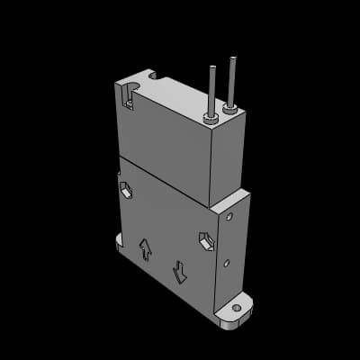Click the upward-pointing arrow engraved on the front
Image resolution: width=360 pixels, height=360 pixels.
(145, 248)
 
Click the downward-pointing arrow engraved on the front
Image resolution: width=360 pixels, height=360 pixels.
(180, 268)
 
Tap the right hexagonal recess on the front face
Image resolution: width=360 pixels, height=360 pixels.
(206, 240)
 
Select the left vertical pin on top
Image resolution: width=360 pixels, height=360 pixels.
(212, 90)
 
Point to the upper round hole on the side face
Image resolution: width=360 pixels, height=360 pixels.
(230, 217)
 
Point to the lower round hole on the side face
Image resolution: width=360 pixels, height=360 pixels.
(226, 263)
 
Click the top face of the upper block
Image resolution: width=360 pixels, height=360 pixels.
(180, 99)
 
